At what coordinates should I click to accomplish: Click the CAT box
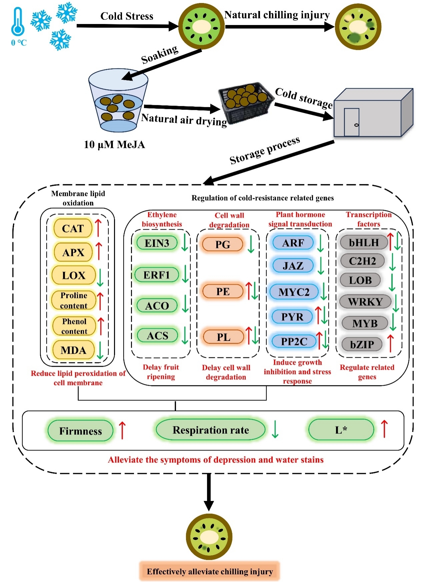(x=73, y=228)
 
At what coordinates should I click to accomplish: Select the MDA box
(x=73, y=350)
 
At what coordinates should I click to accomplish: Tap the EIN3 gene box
(x=157, y=243)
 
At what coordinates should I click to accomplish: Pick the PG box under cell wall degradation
(x=223, y=244)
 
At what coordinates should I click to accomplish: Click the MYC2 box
(x=294, y=292)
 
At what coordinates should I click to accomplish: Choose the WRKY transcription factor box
(x=365, y=302)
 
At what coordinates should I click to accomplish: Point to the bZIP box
(x=362, y=344)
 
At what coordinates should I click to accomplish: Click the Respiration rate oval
(x=211, y=430)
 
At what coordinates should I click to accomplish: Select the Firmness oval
(x=80, y=431)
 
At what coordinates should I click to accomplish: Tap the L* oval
(x=341, y=430)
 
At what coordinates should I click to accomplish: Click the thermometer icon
(x=18, y=22)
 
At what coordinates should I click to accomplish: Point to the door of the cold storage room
(x=351, y=122)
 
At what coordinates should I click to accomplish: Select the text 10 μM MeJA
(x=114, y=144)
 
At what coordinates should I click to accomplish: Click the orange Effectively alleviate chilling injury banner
(x=210, y=571)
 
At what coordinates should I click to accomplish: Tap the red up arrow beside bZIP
(x=390, y=343)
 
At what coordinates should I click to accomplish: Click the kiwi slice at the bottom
(x=209, y=537)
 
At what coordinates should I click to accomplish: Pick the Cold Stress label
(x=127, y=16)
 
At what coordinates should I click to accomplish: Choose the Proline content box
(x=74, y=300)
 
